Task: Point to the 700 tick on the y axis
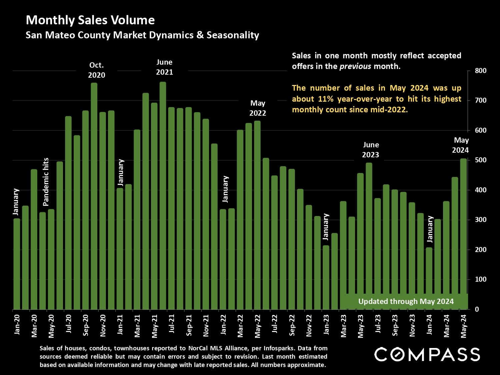pos(480,100)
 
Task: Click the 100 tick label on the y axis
pos(480,279)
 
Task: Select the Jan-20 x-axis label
pos(17,324)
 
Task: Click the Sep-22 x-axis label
pos(292,325)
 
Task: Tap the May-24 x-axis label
pos(464,326)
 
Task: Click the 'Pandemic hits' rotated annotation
pos(46,182)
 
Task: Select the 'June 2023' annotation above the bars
pos(371,150)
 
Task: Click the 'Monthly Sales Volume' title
pos(90,20)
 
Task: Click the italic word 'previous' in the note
pos(355,66)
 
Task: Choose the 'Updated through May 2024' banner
pos(406,301)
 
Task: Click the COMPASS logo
pos(427,354)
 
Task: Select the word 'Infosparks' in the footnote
pos(278,348)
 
